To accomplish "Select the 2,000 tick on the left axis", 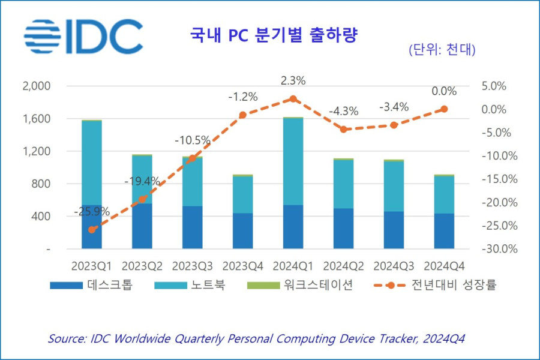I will [37, 86].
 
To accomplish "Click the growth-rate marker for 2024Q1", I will [293, 98].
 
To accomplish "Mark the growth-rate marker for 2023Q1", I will [92, 229].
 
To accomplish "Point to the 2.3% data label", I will [293, 80].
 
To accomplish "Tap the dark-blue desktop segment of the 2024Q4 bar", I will [444, 231].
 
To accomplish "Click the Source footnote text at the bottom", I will [256, 339].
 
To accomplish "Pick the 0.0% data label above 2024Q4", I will [444, 91].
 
